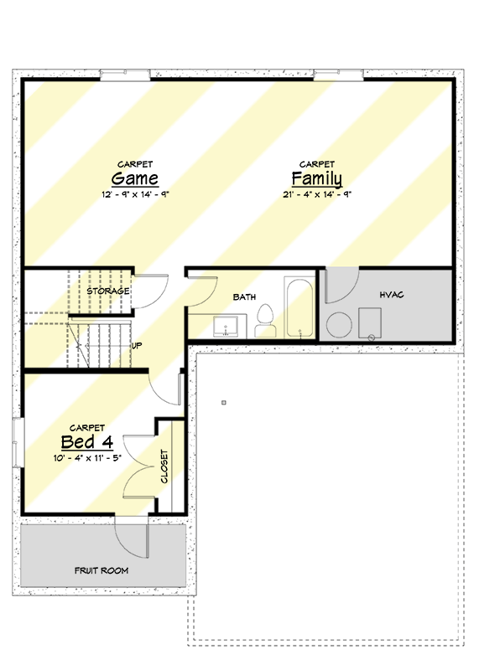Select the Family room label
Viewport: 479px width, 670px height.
(x=316, y=178)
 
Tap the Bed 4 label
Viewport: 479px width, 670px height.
(x=86, y=441)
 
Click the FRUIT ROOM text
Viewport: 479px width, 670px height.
(x=102, y=571)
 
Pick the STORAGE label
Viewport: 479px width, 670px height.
(x=108, y=291)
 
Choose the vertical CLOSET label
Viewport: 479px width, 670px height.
(x=164, y=467)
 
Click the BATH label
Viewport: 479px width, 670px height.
(x=244, y=296)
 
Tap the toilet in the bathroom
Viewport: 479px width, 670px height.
(x=266, y=322)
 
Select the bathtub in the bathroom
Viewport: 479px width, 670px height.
(x=299, y=307)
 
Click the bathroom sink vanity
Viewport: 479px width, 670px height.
(x=226, y=327)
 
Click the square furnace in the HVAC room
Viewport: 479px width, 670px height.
(x=371, y=322)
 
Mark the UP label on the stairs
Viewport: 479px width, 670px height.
(x=137, y=345)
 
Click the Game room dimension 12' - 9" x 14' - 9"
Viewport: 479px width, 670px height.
(x=135, y=194)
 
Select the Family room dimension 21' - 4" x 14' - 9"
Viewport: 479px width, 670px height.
(x=316, y=194)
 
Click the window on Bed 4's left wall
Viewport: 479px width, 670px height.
(x=18, y=439)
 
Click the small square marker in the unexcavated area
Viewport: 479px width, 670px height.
(x=223, y=403)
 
